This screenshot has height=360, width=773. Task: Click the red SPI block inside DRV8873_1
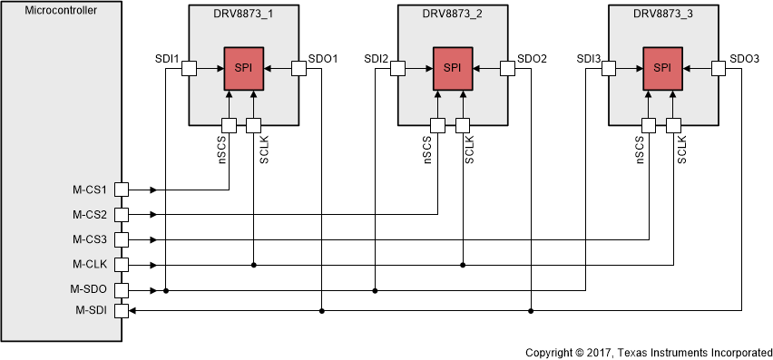pyautogui.click(x=242, y=69)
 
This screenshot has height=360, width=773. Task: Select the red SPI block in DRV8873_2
pyautogui.click(x=452, y=69)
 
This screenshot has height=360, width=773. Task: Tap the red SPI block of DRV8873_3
pyautogui.click(x=662, y=69)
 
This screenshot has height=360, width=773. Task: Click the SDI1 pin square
pyautogui.click(x=190, y=69)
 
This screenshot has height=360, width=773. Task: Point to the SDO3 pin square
pyautogui.click(x=716, y=69)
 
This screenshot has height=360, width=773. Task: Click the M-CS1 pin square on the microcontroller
pyautogui.click(x=122, y=190)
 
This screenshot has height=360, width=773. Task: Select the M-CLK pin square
pyautogui.click(x=122, y=265)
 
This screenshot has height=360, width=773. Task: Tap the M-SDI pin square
pyautogui.click(x=122, y=311)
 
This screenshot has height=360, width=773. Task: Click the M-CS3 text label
pyautogui.click(x=90, y=239)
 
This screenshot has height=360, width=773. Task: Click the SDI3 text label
pyautogui.click(x=589, y=59)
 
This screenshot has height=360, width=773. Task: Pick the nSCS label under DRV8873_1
pyautogui.click(x=221, y=149)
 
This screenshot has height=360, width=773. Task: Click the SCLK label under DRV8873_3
pyautogui.click(x=682, y=149)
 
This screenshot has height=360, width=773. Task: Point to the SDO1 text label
pyautogui.click(x=322, y=59)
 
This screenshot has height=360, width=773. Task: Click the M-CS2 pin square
pyautogui.click(x=122, y=215)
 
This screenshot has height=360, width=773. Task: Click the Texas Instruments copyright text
pyautogui.click(x=648, y=351)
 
